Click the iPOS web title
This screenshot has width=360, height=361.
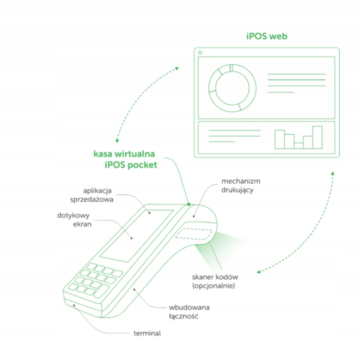(266, 37)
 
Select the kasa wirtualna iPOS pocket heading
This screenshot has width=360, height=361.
(124, 159)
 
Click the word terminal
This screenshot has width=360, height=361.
(147, 333)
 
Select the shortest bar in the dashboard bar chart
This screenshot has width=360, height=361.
(298, 146)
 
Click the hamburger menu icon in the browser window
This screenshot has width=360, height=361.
(200, 52)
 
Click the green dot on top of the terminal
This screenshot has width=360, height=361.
(188, 204)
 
